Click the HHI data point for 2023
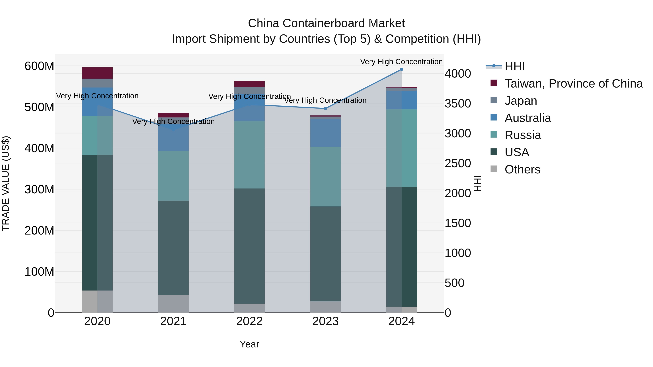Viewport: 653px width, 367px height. (325, 108)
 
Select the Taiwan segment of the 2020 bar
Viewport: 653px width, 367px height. (97, 73)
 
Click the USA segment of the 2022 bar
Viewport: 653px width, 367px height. (249, 246)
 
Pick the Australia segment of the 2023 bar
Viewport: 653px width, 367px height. (325, 133)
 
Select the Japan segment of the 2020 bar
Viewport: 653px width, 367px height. (97, 83)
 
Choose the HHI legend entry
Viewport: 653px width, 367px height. (514, 66)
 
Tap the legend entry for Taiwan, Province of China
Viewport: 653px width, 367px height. (573, 84)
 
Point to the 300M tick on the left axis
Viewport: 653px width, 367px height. (39, 189)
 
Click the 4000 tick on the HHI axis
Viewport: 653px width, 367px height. (458, 74)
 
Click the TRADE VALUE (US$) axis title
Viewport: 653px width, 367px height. (6, 183)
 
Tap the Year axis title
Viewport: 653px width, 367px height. (249, 344)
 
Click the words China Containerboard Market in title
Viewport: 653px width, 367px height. (326, 23)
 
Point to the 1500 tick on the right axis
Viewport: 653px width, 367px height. (458, 223)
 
